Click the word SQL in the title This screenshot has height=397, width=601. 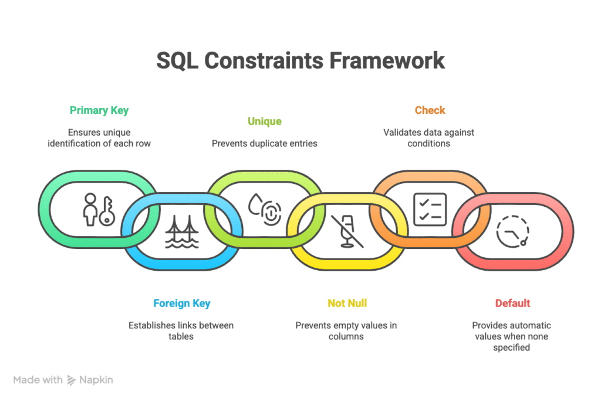pos(177,60)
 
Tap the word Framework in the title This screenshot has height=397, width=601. pos(387,60)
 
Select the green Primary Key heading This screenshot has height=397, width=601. pos(99,110)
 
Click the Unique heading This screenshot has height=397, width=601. pos(265,121)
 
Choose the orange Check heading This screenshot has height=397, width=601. pos(430,110)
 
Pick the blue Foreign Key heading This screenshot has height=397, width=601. pos(182,304)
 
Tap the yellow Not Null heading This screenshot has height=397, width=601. pos(347,303)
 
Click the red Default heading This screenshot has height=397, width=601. pos(512,303)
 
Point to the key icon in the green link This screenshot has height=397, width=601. pos(107,211)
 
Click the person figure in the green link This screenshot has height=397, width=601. pos(90,209)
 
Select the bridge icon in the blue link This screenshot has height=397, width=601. pos(182,231)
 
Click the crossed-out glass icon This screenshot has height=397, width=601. pos(347,231)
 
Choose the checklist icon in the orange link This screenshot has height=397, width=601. pos(430,210)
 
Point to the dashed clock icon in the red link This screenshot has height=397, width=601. pos(512,231)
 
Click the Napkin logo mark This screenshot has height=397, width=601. pos(72,380)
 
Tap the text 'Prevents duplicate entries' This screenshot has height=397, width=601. pos(265,143)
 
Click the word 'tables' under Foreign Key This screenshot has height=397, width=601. pos(181,337)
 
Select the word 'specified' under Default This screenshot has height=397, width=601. pos(511,348)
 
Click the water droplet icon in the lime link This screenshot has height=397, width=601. pos(255,204)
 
